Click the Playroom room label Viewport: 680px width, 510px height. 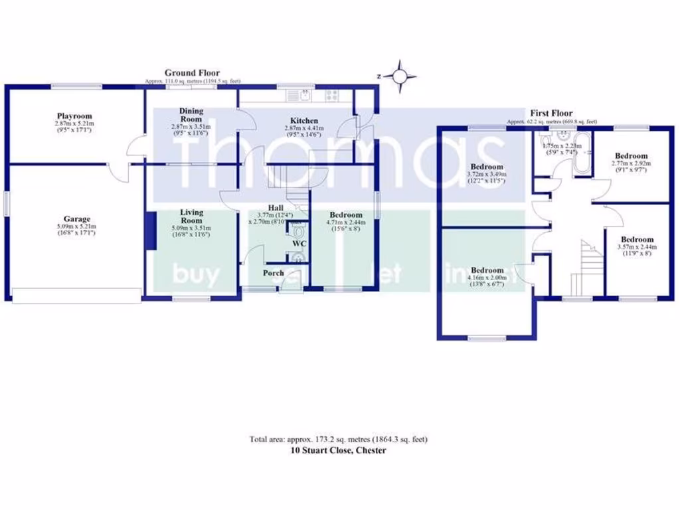point(73,116)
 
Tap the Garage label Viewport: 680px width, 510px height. point(76,219)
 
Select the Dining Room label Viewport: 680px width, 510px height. point(191,115)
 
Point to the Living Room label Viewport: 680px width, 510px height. point(191,216)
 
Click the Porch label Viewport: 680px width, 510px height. point(273,273)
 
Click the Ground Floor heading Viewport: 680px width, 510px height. point(192,73)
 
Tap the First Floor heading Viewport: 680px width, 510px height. point(551,114)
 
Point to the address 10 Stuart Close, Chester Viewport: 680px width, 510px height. point(339,450)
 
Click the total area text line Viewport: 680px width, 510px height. point(339,439)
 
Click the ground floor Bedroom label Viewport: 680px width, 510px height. point(346,215)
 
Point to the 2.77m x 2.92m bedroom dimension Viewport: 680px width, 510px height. point(631,163)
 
